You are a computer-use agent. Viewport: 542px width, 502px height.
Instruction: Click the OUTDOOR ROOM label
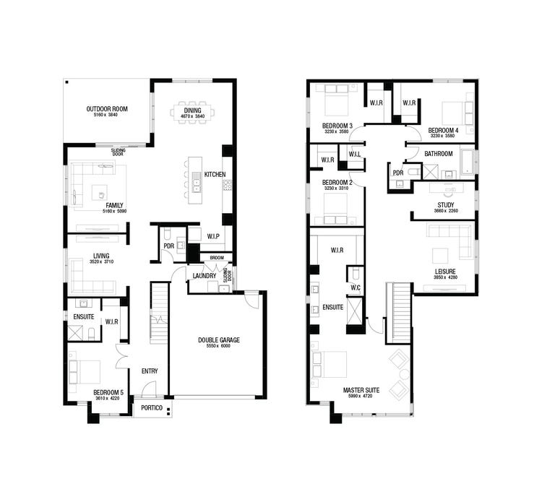click(107, 109)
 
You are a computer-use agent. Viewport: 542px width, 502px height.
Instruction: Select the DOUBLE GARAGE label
click(219, 339)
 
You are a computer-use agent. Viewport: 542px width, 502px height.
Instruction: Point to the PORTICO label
click(151, 408)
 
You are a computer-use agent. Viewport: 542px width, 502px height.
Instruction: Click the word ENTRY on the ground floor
click(150, 371)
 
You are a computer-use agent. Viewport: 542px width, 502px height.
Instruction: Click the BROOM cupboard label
click(218, 258)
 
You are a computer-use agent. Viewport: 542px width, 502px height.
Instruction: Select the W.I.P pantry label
click(213, 235)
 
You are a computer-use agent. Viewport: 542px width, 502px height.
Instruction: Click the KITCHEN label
click(215, 175)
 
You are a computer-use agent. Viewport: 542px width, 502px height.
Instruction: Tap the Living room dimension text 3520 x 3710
click(100, 261)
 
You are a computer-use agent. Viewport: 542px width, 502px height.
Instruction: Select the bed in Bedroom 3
click(337, 101)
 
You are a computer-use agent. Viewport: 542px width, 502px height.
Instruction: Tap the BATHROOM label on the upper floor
click(438, 154)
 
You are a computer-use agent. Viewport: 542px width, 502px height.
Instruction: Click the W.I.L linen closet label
click(355, 154)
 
